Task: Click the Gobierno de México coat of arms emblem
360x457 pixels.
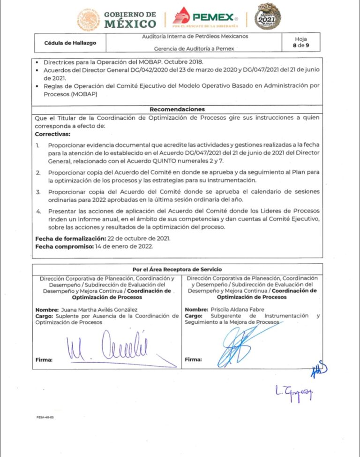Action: [88, 20]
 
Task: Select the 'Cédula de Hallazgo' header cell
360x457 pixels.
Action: [70, 43]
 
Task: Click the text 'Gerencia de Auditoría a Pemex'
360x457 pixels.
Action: [194, 49]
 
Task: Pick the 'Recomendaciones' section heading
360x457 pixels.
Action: [177, 109]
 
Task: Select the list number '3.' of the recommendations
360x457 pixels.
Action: [38, 192]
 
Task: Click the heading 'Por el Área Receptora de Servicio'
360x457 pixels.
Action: [177, 269]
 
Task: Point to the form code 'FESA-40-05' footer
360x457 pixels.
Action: [45, 417]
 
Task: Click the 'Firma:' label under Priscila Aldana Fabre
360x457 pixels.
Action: [193, 360]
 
